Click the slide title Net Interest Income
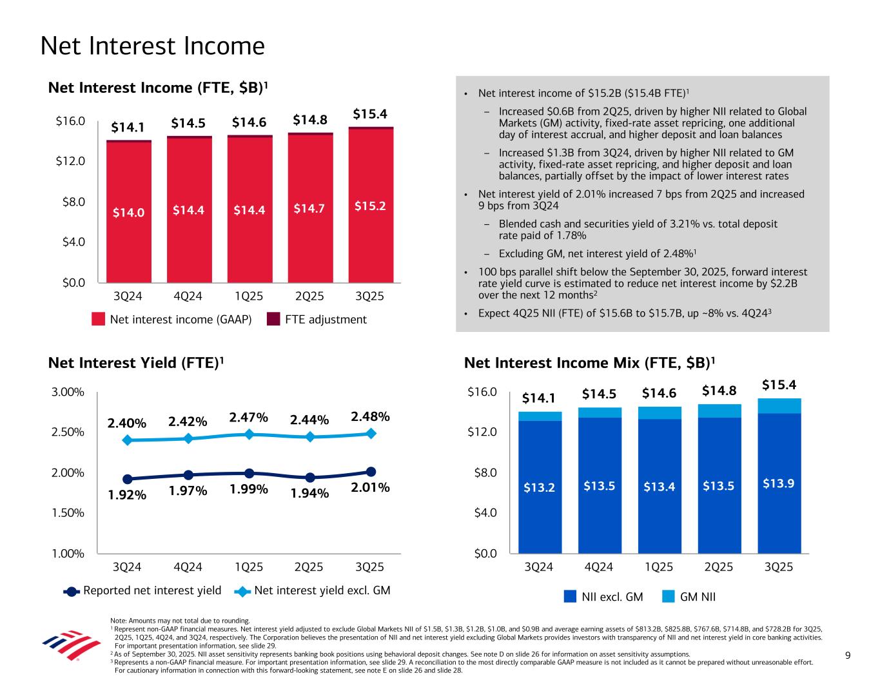[x=152, y=46]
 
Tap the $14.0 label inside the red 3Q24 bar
[x=128, y=211]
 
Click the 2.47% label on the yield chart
[x=248, y=418]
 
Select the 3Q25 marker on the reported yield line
[x=371, y=472]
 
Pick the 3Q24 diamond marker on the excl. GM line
[x=128, y=440]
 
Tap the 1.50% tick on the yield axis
[x=68, y=513]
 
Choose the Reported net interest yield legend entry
[x=143, y=590]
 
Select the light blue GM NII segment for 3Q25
[x=779, y=405]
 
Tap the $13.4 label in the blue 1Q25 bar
[x=660, y=487]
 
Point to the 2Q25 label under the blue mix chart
[x=719, y=567]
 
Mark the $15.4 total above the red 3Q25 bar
[x=370, y=114]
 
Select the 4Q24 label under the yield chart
[x=188, y=567]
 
